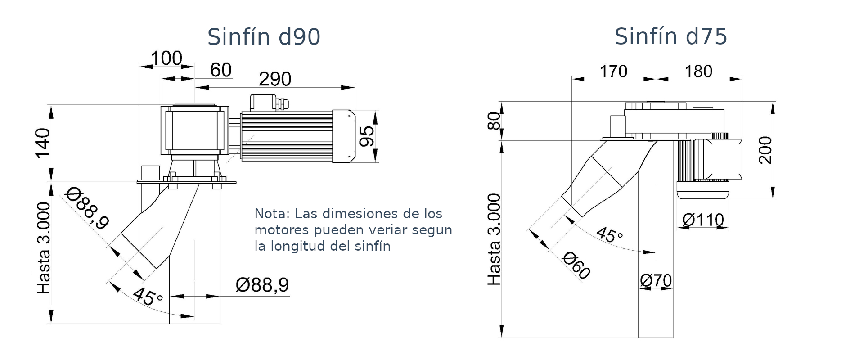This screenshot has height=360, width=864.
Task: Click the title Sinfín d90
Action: coord(264,37)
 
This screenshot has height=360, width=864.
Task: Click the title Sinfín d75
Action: coord(670,37)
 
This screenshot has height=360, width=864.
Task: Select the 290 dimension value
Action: coord(275,79)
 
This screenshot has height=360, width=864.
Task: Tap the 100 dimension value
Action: coord(166,58)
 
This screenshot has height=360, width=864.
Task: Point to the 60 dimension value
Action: coord(221,70)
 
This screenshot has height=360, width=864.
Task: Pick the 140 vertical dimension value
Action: coord(43,143)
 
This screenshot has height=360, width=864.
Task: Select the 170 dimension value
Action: coord(613,72)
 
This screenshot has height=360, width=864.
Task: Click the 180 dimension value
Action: coord(698,72)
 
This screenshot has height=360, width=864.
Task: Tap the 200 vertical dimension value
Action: coord(765,150)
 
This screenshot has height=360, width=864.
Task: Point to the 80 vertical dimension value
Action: coord(495,121)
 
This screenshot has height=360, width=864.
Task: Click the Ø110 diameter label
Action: coord(703,220)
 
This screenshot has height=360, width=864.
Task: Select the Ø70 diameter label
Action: coord(656,281)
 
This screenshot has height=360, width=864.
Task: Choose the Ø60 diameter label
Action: coord(576,265)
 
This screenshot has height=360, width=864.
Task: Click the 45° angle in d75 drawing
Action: coord(609,235)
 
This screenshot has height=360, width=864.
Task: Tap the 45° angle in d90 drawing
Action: coord(148,297)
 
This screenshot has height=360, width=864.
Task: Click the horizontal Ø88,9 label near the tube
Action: coord(262,285)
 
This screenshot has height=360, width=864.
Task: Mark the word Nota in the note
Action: coord(269,213)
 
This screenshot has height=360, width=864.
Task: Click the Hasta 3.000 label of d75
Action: coord(494,239)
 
